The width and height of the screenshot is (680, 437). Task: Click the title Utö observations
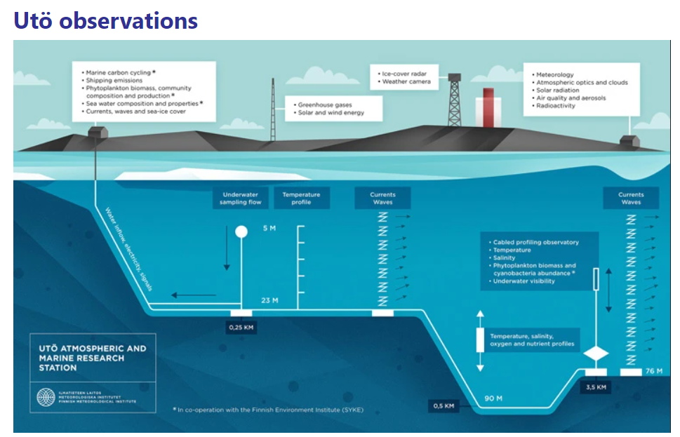(x=105, y=20)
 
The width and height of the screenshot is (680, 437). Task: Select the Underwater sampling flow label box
(x=241, y=198)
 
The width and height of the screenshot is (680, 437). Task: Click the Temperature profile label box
(x=301, y=198)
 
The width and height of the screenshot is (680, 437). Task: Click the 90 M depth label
(x=493, y=398)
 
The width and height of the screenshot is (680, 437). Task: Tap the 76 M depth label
(x=653, y=371)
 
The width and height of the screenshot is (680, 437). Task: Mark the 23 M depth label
(x=269, y=300)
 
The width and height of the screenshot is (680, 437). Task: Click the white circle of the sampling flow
(x=241, y=231)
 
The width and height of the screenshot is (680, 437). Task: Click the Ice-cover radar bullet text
(x=406, y=74)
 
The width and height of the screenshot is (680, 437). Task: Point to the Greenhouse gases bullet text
(x=322, y=105)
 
